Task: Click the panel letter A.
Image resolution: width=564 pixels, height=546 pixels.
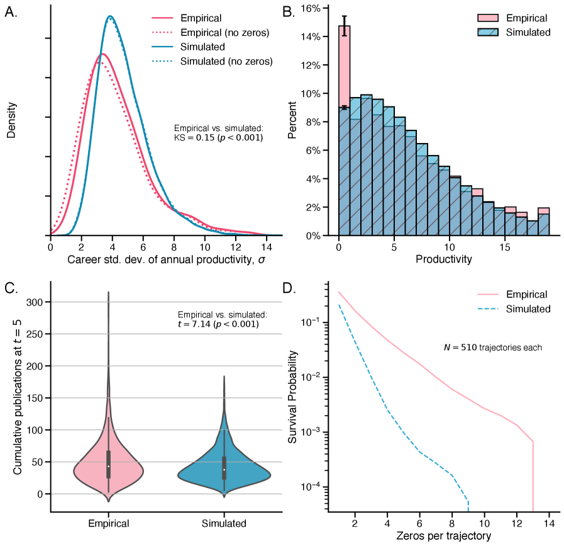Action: (11, 14)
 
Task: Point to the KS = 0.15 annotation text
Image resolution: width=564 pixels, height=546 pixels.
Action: (218, 137)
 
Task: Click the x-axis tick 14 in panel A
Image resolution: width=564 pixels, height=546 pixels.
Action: (267, 247)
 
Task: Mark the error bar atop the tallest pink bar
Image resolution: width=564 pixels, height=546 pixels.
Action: (344, 26)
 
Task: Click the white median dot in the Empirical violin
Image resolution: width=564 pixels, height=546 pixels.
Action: (108, 466)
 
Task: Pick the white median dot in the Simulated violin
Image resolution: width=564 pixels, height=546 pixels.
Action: (224, 469)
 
